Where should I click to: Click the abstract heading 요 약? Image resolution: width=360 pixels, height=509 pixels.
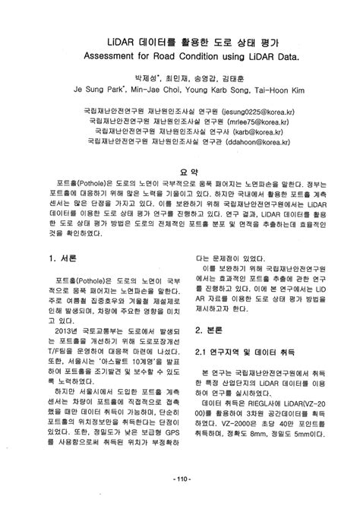pyautogui.click(x=180, y=172)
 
